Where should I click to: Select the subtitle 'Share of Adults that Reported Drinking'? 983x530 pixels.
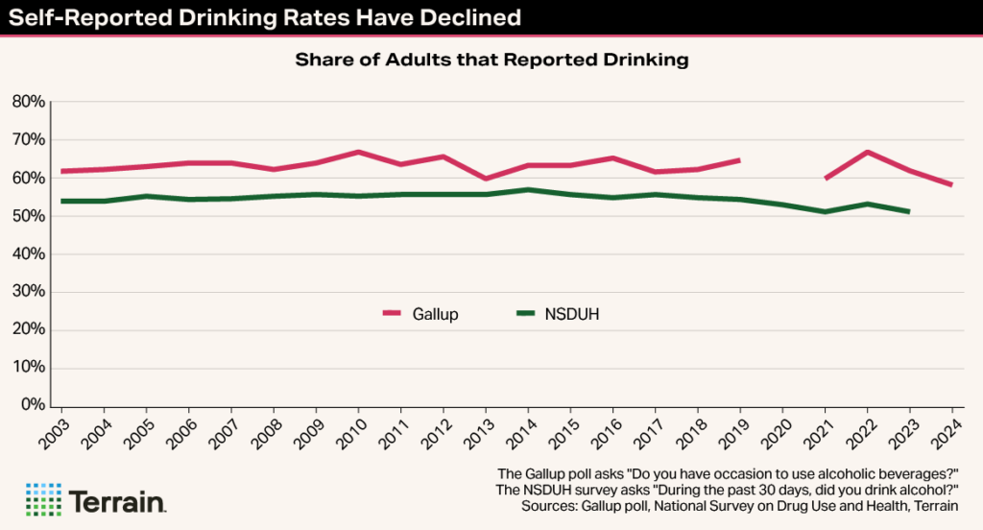point(491,60)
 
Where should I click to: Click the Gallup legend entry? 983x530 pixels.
point(420,314)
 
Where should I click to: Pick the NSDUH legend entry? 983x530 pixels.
point(559,314)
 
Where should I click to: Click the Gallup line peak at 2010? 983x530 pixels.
point(358,152)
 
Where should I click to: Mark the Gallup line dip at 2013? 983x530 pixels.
point(486,179)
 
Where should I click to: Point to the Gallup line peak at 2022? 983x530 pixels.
point(867,152)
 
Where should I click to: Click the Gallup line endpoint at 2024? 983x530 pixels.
point(951,184)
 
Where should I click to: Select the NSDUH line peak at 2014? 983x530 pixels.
point(528,189)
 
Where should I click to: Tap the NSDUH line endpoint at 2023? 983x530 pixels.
point(908,211)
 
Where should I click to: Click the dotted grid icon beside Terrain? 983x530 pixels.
point(42,500)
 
